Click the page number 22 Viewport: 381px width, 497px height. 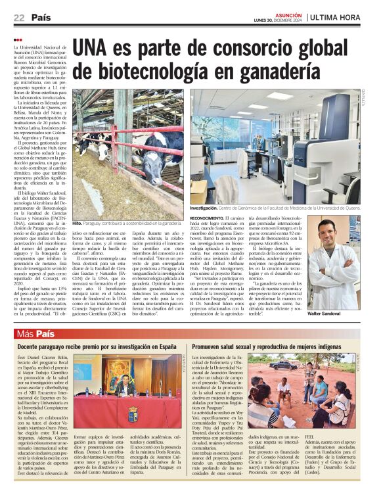[x=19, y=18]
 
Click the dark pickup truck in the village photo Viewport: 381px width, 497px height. [x=283, y=364]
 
